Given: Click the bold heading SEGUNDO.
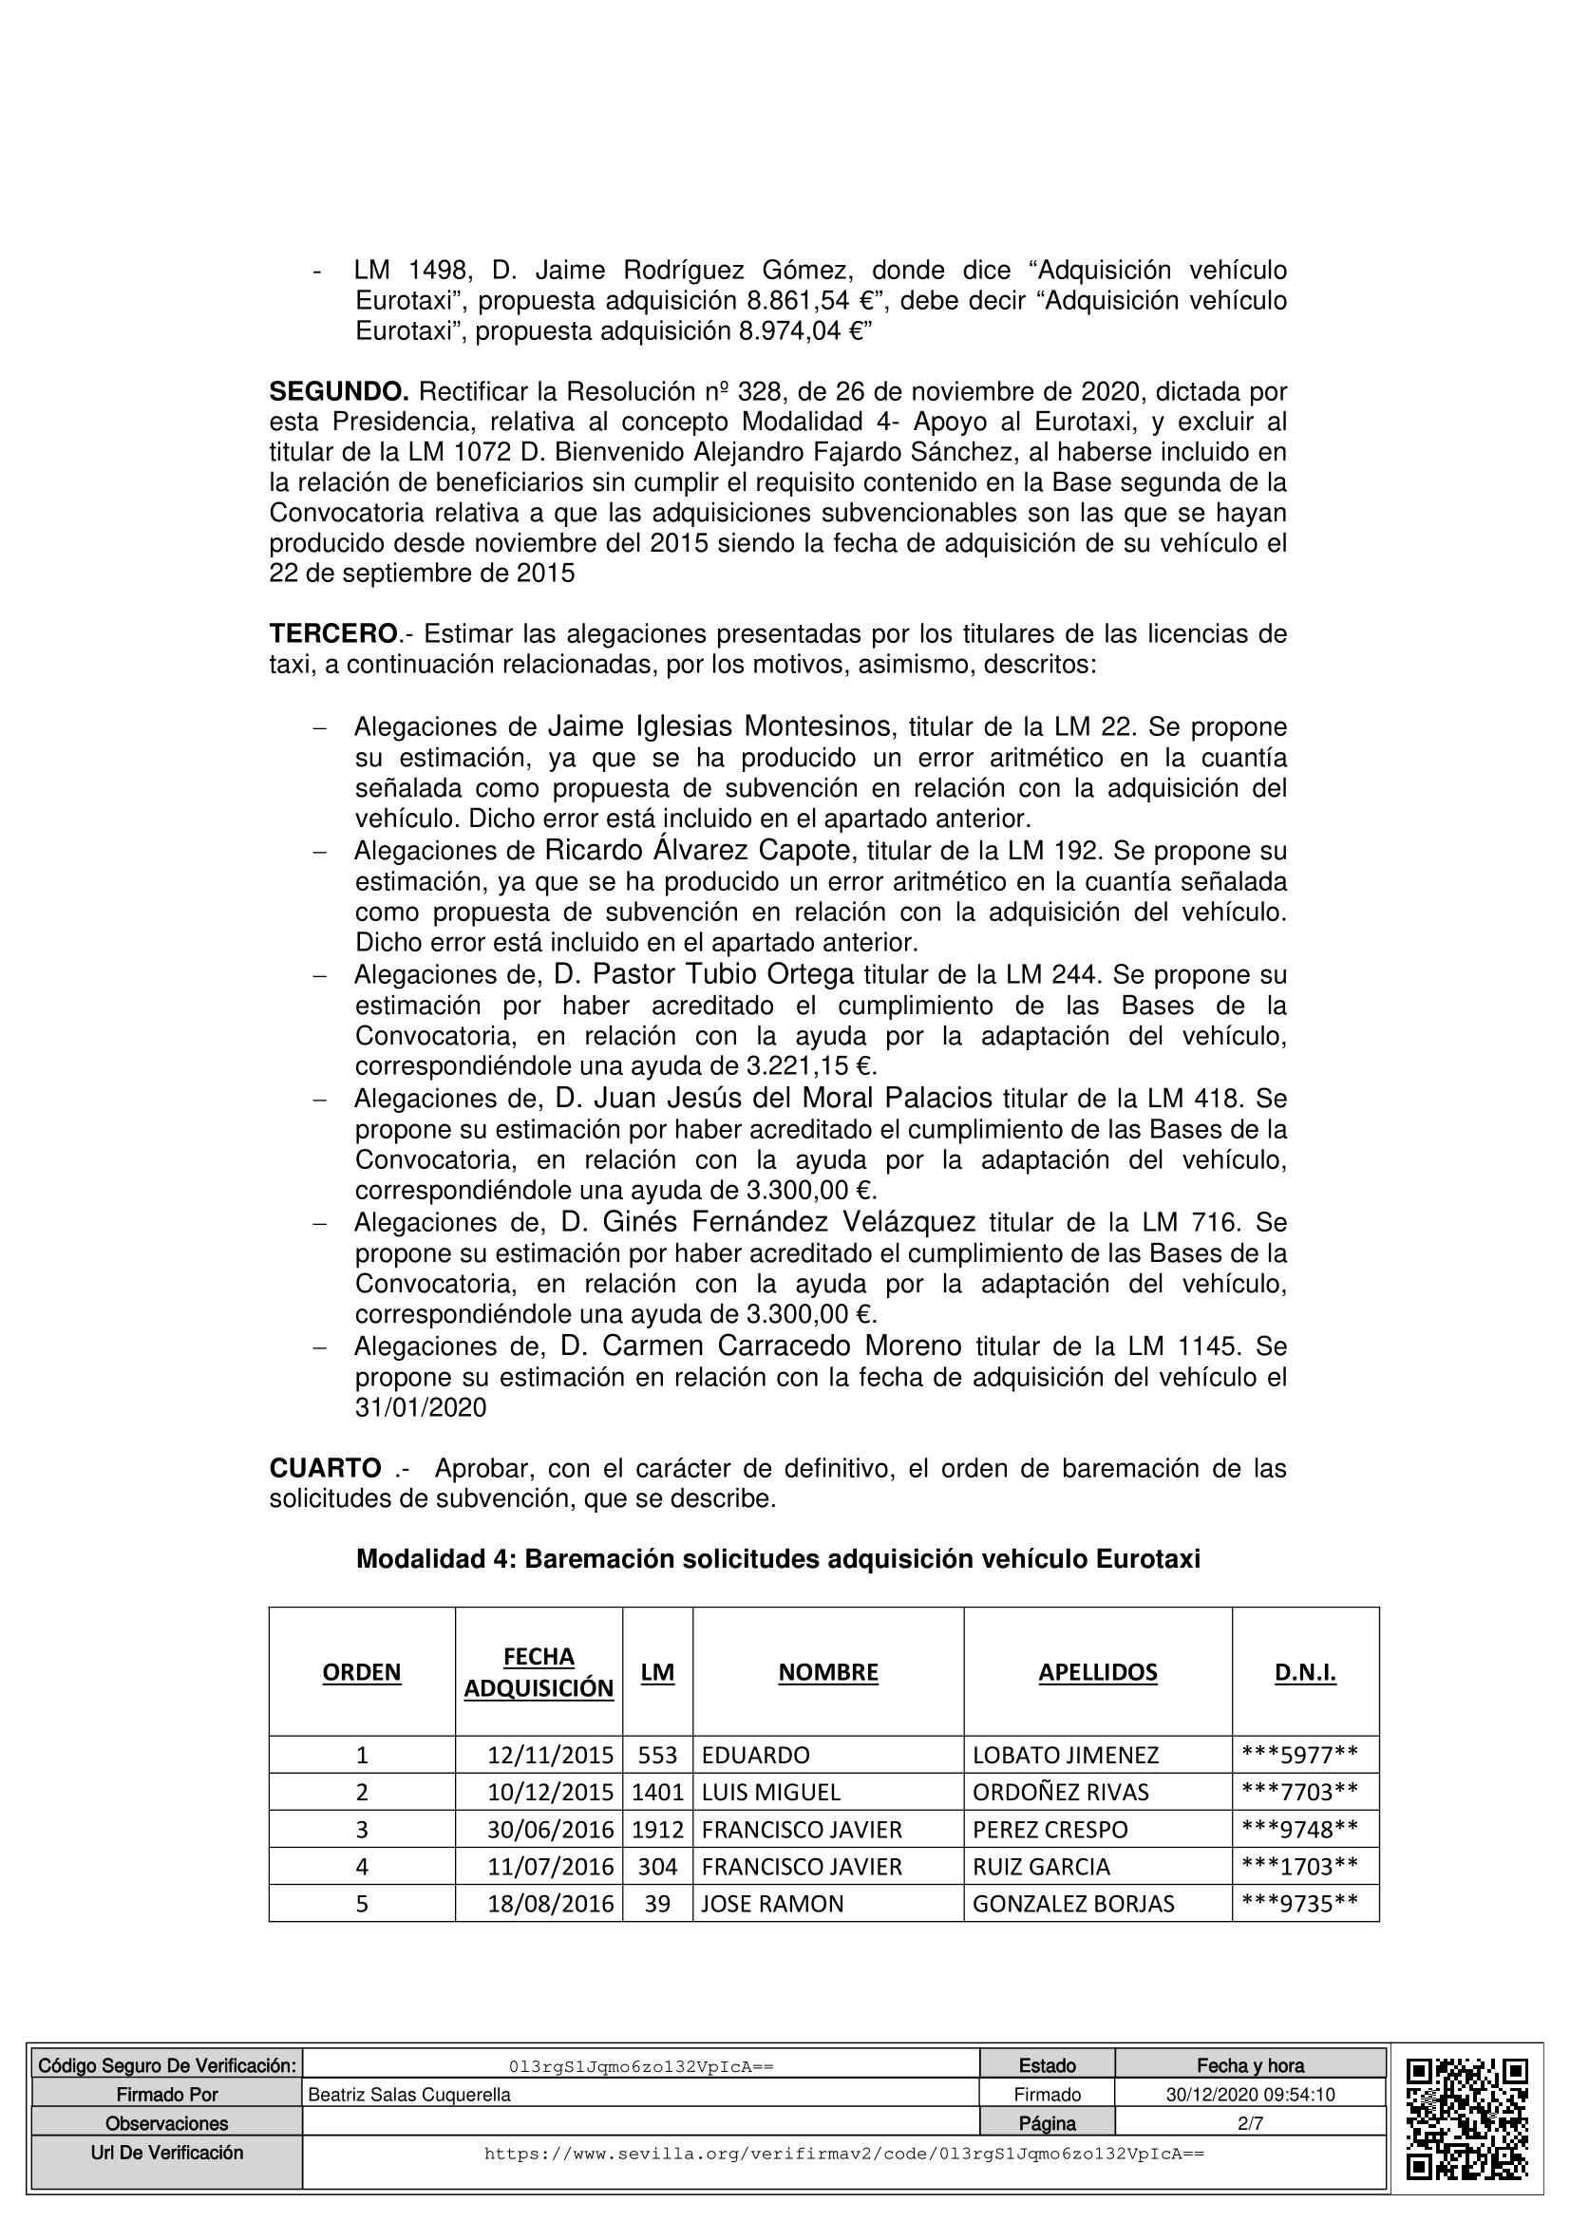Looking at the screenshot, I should click(x=338, y=392).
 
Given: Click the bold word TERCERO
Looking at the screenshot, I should click(x=332, y=634).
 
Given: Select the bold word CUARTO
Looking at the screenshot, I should click(x=325, y=1468).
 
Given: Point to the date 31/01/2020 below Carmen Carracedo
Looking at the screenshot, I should click(x=421, y=1407).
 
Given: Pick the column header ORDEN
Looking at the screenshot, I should click(x=362, y=1672).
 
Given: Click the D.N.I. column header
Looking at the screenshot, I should click(x=1305, y=1672).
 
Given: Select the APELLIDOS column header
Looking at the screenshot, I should click(x=1097, y=1672).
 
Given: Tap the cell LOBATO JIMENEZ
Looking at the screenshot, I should click(x=1065, y=1755).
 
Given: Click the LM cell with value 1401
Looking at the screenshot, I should click(x=658, y=1793).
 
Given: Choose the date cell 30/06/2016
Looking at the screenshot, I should click(x=551, y=1830).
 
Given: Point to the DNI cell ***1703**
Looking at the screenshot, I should click(x=1299, y=1867).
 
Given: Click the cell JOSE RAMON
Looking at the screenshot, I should click(x=772, y=1905).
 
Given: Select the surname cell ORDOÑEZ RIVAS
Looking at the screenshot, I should click(x=1060, y=1793).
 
